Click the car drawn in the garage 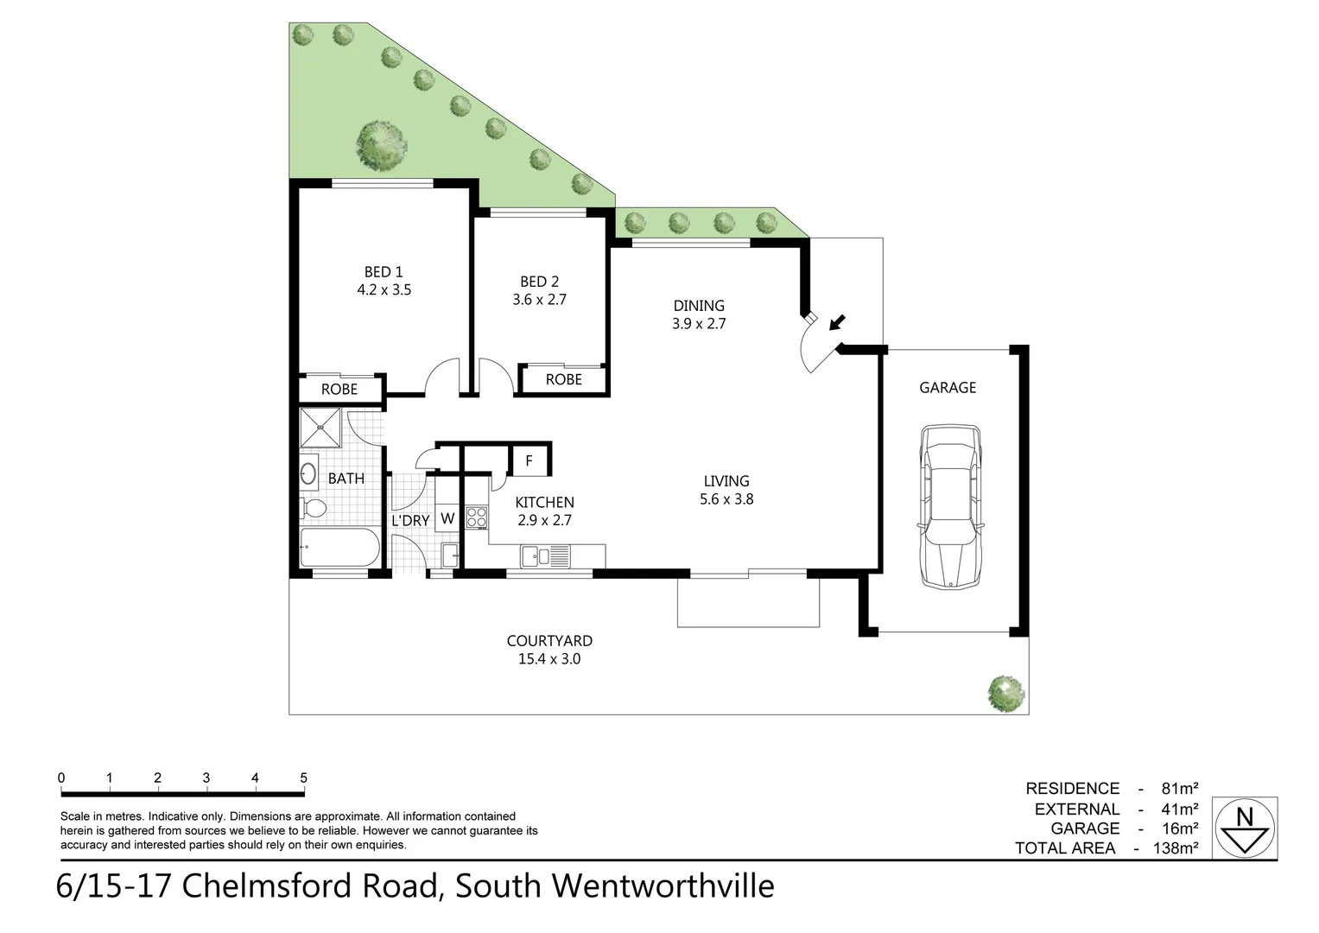point(950,506)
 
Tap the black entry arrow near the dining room point(836,323)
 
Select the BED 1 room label point(384,272)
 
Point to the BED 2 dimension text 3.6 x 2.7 point(539,300)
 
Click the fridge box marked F point(529,460)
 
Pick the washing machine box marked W point(447,518)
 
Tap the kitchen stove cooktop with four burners point(476,517)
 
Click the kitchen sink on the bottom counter point(536,556)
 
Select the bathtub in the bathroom point(339,548)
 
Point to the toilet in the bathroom point(313,508)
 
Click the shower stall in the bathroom point(320,428)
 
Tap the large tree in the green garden point(381,143)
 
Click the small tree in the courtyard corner point(1006,692)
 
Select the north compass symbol point(1245,828)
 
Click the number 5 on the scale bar point(303,778)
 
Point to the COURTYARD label point(549,641)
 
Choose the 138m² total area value point(1176,848)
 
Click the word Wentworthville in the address point(663,886)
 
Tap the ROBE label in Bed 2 point(563,379)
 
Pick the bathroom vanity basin point(308,473)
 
